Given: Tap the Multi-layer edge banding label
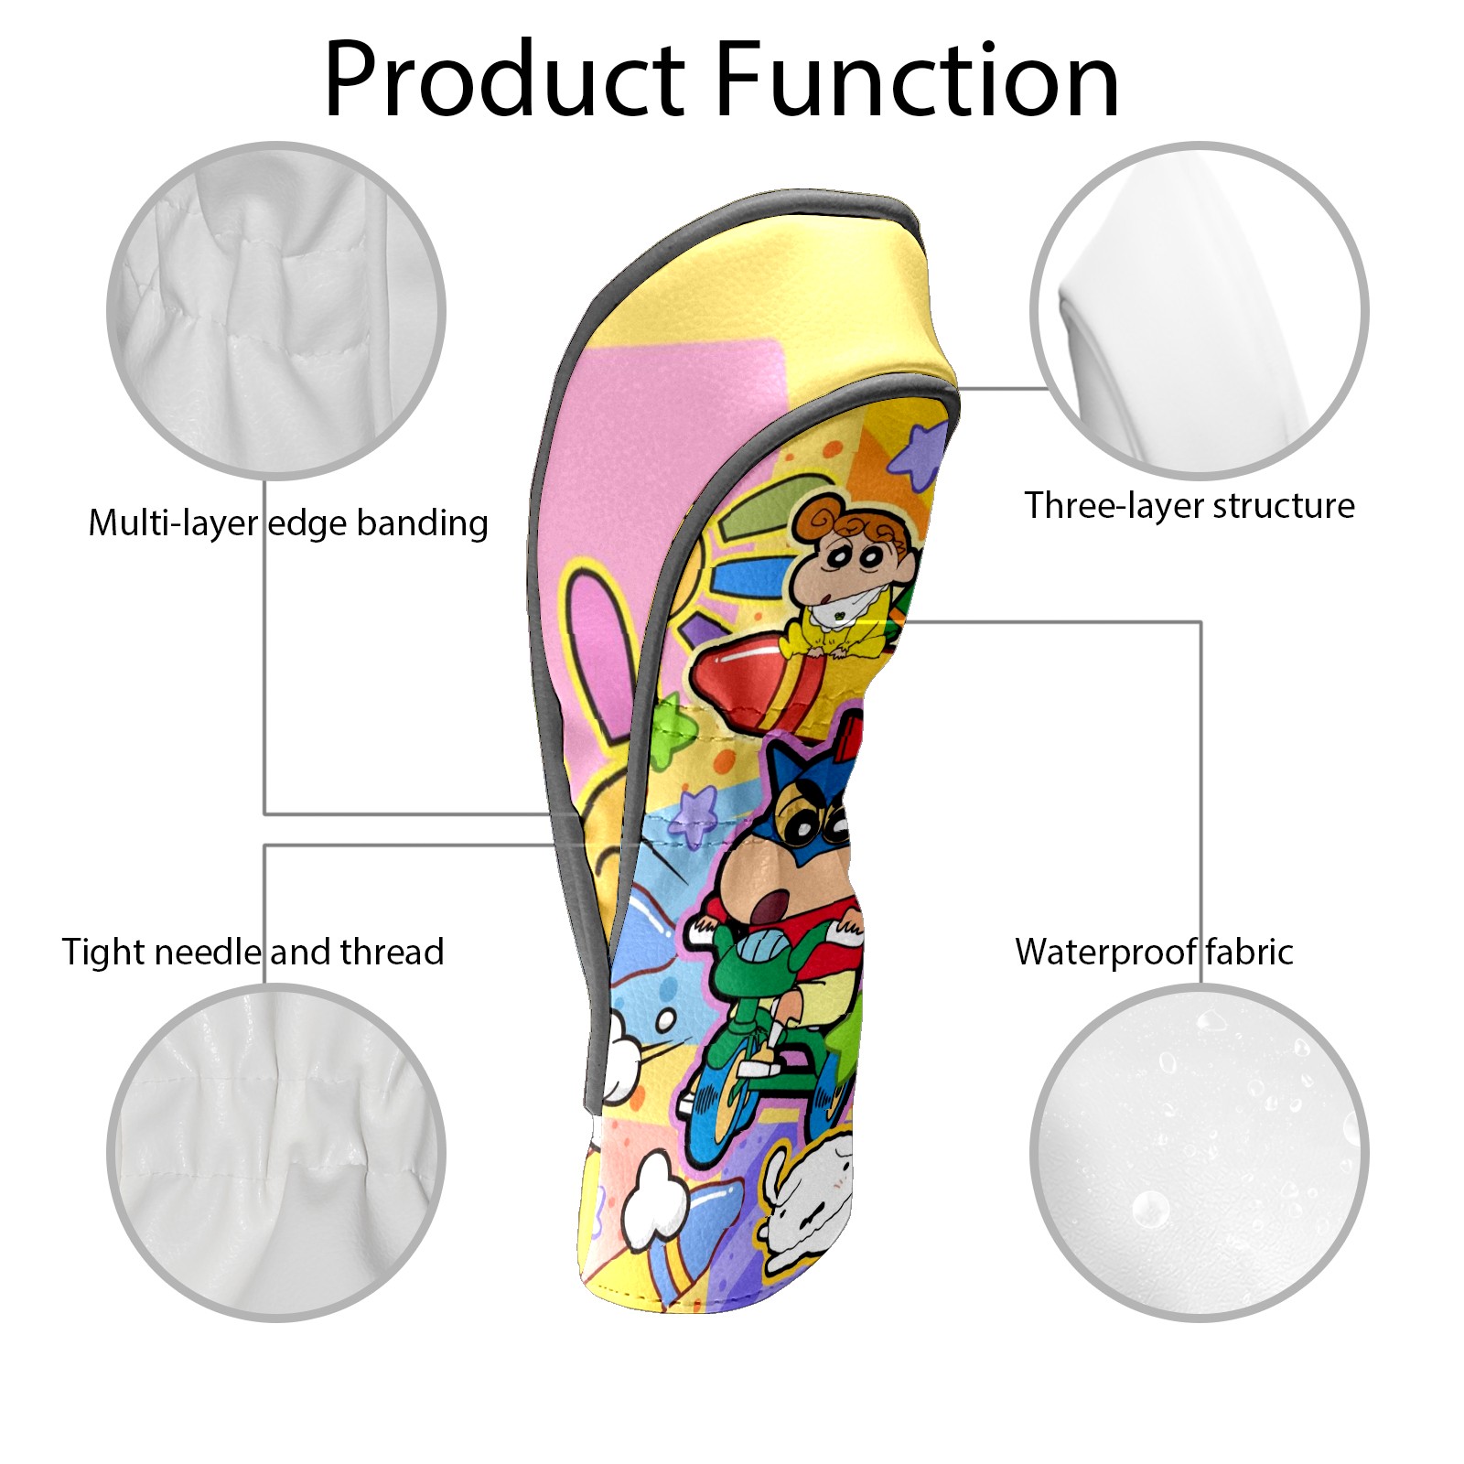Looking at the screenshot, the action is click(288, 523).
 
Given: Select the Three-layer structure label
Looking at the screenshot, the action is click(1189, 505).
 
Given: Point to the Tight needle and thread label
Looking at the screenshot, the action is click(253, 952).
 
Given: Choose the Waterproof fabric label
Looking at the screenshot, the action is click(1155, 952).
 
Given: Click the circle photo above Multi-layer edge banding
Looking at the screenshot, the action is click(276, 310).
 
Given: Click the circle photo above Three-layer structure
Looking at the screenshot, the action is click(1200, 310).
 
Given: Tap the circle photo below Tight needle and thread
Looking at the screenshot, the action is click(276, 1152).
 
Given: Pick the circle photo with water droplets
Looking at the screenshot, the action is click(1200, 1152).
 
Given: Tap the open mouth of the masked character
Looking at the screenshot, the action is click(773, 901).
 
